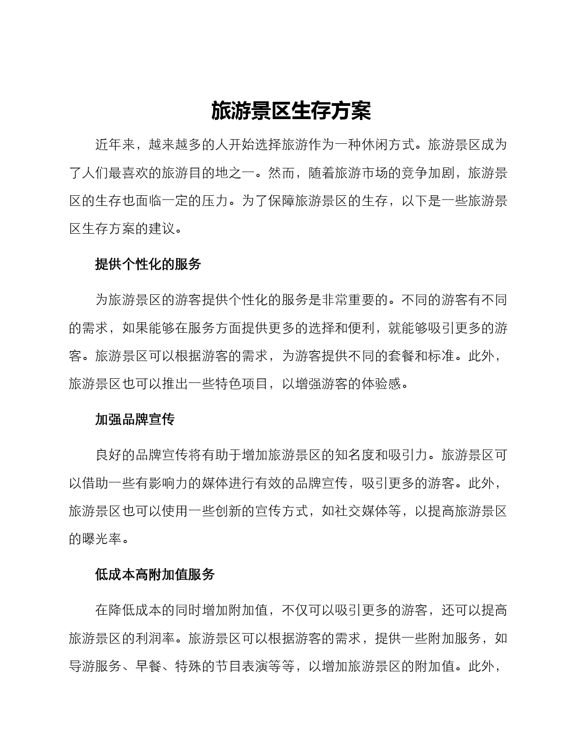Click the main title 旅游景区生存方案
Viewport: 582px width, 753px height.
291,111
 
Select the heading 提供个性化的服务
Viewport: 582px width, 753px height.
148,264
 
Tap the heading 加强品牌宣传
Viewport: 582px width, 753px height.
135,419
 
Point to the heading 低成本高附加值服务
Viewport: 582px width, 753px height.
155,575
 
